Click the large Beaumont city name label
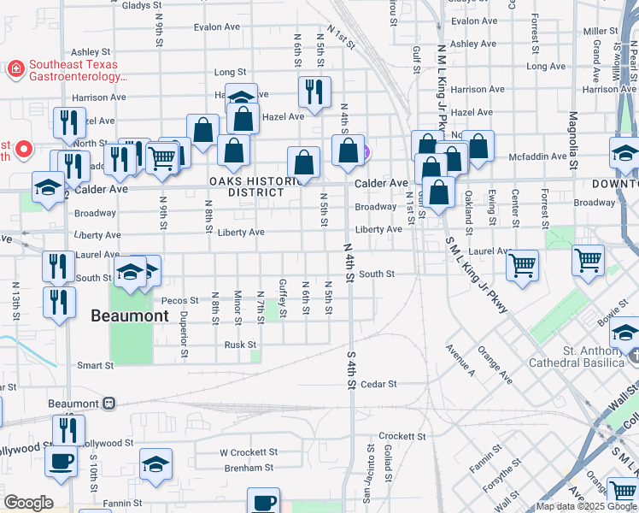coord(130,316)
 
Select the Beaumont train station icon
coord(108,404)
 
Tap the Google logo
coord(28,503)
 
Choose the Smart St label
coord(95,365)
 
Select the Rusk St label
coord(239,345)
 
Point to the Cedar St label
coord(379,385)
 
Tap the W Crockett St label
coord(249,452)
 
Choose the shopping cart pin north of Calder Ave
coord(161,156)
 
